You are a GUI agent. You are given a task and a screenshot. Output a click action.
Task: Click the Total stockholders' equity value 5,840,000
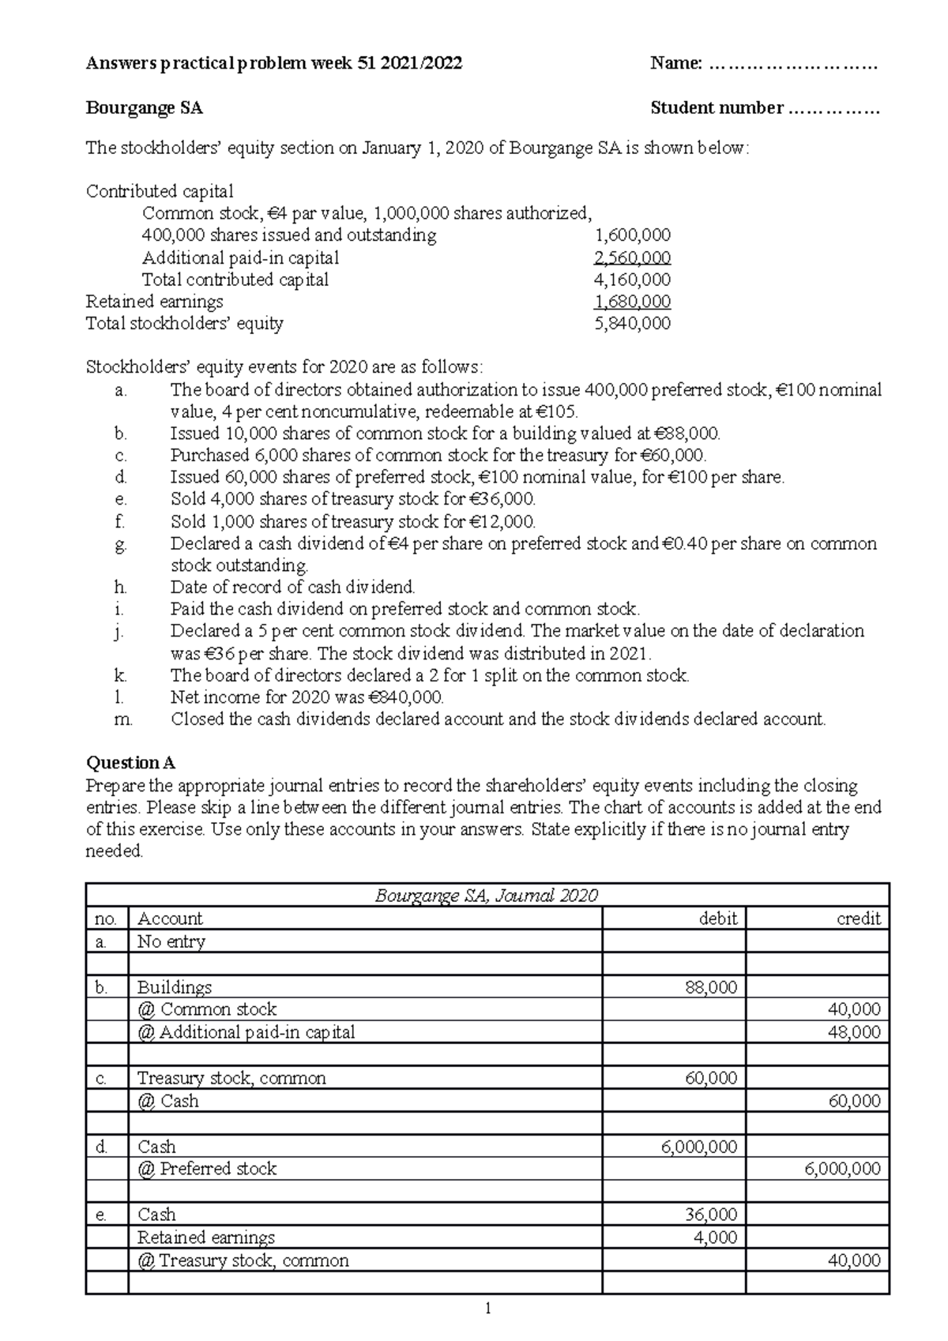632,323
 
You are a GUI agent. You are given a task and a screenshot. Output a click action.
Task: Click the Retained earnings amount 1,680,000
632,301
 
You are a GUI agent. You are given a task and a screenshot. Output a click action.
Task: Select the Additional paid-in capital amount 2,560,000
632,257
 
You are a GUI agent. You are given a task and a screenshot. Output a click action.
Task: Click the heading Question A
130,762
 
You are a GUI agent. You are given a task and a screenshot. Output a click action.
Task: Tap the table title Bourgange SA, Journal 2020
486,896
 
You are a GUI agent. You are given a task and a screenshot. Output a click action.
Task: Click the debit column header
717,918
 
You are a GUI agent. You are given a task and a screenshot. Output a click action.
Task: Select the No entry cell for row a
171,941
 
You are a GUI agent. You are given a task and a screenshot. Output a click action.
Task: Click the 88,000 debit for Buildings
711,987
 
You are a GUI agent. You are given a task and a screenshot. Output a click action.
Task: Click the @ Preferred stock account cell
207,1169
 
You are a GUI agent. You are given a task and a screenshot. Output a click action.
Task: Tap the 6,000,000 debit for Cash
699,1147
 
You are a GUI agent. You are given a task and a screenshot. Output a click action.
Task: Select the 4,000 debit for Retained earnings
715,1238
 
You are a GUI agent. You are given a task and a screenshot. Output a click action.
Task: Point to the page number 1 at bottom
487,1309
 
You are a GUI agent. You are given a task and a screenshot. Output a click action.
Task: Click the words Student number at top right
717,108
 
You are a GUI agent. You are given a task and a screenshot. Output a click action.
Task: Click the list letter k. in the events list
120,675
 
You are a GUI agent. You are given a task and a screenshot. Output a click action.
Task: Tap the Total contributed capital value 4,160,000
632,280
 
